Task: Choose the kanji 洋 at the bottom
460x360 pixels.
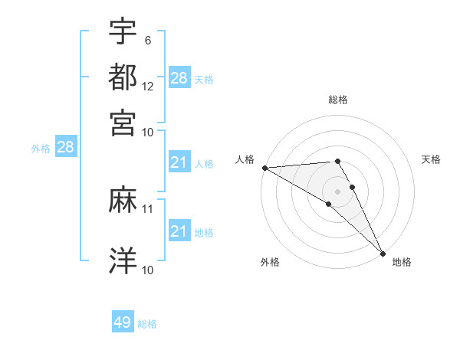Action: click(x=123, y=260)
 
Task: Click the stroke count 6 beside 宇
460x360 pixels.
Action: click(x=147, y=39)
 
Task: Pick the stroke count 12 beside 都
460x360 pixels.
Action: click(x=148, y=86)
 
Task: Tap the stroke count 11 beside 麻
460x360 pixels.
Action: click(x=148, y=208)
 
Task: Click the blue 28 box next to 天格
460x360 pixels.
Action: click(x=179, y=78)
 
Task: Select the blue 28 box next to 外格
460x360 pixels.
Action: click(x=65, y=148)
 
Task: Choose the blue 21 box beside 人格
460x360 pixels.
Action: click(x=179, y=162)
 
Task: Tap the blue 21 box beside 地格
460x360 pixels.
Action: click(x=179, y=231)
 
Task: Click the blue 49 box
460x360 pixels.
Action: click(x=123, y=322)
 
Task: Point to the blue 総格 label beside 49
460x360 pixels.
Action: click(x=148, y=324)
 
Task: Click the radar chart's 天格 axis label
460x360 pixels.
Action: click(x=431, y=159)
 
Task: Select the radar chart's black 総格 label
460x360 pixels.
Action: click(x=338, y=100)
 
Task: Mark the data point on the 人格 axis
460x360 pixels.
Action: click(x=264, y=168)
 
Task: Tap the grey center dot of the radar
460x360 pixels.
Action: click(x=338, y=191)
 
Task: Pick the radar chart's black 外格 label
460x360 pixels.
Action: click(x=270, y=262)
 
